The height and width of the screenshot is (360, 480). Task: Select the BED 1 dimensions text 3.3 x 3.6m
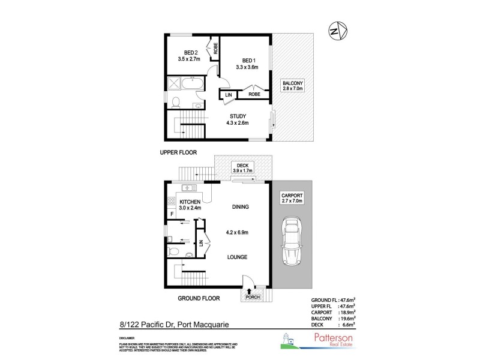tap(250, 68)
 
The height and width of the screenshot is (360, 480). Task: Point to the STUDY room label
tap(238, 116)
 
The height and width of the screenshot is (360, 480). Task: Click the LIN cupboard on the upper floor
tap(228, 95)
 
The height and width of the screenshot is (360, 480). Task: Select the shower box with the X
tap(174, 83)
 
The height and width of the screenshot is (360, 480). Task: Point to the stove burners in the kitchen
tap(171, 202)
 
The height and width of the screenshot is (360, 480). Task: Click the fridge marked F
tap(172, 214)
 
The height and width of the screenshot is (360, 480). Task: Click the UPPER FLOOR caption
tap(178, 152)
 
